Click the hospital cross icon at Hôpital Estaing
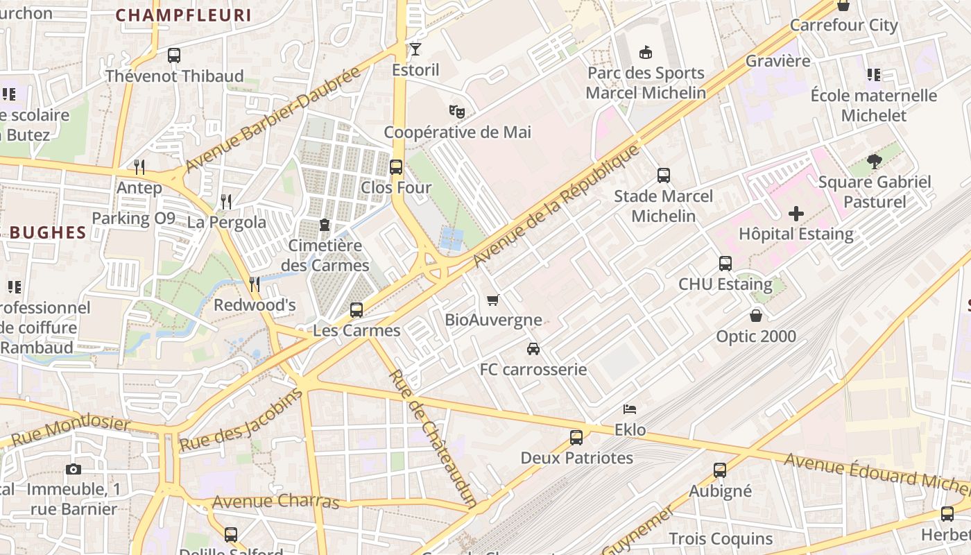796,213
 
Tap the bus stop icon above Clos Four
396,167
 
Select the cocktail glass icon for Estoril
415,49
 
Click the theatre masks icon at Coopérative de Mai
456,111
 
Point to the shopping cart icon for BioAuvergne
493,300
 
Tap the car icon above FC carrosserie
533,349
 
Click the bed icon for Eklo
630,409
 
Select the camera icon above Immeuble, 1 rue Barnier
74,470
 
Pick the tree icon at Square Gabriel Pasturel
874,162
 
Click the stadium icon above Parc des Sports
646,52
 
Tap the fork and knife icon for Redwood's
255,284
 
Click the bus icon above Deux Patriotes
576,438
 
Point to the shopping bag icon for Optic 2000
756,316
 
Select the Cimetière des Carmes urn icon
324,225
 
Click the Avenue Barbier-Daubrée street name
274,119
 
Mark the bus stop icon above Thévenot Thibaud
174,55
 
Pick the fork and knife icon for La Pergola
226,202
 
